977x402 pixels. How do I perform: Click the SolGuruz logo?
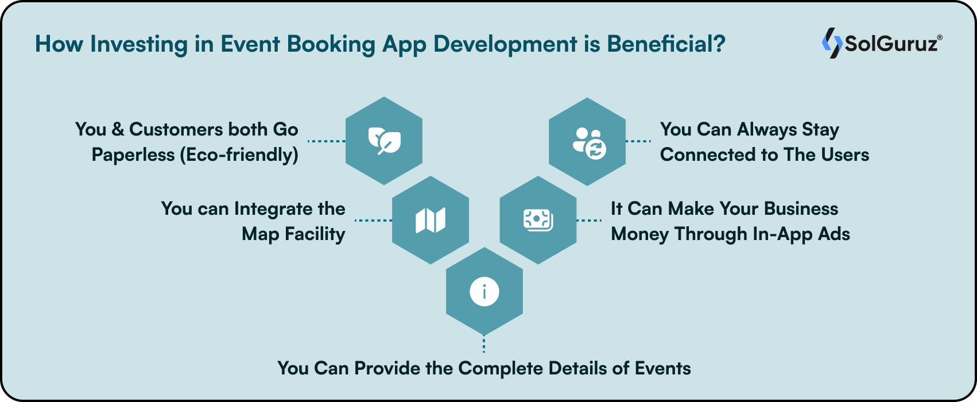point(881,44)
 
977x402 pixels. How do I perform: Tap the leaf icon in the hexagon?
point(384,141)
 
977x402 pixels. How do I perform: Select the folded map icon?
point(431,220)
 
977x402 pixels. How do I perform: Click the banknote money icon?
point(538,220)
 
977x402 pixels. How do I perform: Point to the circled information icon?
point(484,292)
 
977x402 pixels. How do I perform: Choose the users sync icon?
point(588,142)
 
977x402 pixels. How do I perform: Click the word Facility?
point(315,234)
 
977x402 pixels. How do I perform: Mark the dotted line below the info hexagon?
point(484,344)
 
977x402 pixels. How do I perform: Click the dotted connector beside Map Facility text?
point(373,220)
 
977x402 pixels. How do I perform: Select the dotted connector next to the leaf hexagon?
point(326,141)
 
